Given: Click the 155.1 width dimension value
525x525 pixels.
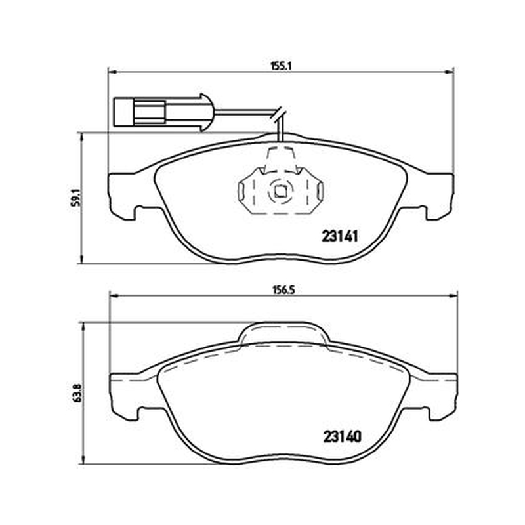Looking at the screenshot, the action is [x=282, y=66].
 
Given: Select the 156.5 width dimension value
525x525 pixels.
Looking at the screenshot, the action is [x=283, y=289].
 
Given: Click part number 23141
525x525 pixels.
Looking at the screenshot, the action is [x=340, y=236].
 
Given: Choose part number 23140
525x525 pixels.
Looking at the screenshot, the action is [x=343, y=436].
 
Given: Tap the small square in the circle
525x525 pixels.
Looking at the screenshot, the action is [x=280, y=192].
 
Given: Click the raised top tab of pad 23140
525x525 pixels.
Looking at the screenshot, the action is [x=284, y=332].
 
